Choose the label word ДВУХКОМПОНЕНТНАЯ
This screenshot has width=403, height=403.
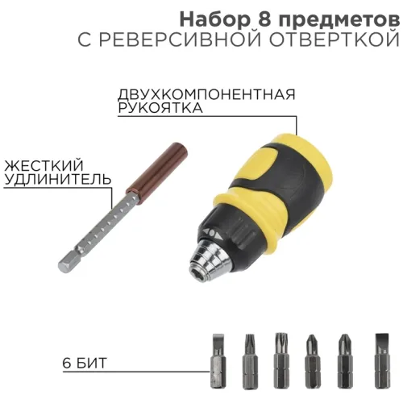click(x=206, y=95)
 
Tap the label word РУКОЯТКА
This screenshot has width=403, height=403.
click(x=160, y=110)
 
